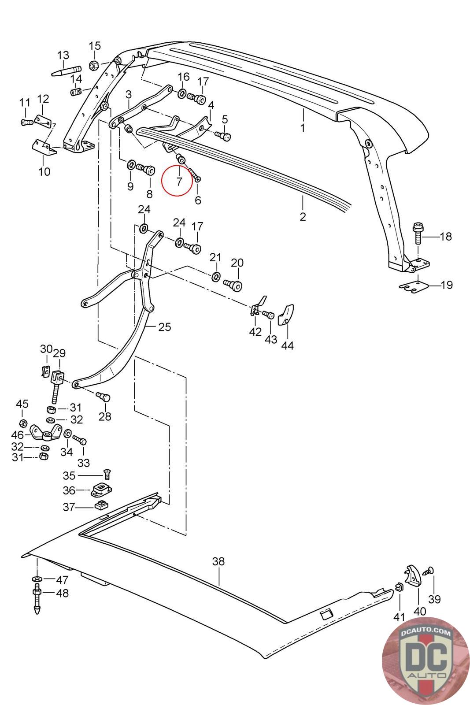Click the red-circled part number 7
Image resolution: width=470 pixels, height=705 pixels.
click(x=179, y=181)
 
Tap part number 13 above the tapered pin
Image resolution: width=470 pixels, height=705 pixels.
click(x=63, y=55)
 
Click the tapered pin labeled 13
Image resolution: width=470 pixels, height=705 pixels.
click(x=67, y=71)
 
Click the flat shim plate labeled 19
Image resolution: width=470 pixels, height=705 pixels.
click(x=414, y=287)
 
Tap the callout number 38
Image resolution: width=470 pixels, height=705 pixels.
click(x=218, y=561)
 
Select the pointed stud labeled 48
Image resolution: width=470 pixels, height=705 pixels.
click(x=37, y=598)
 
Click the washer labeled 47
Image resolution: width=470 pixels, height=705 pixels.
click(x=37, y=579)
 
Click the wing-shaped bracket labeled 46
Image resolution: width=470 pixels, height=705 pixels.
click(x=46, y=433)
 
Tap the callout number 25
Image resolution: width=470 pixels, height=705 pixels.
click(x=165, y=327)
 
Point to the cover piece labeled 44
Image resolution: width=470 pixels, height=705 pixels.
click(x=285, y=315)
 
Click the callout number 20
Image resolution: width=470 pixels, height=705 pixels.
click(x=237, y=263)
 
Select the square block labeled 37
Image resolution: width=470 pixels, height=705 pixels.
click(x=101, y=506)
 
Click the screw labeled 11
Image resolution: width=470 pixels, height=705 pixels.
click(x=27, y=122)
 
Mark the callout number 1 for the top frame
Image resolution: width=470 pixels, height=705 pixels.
click(x=302, y=128)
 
